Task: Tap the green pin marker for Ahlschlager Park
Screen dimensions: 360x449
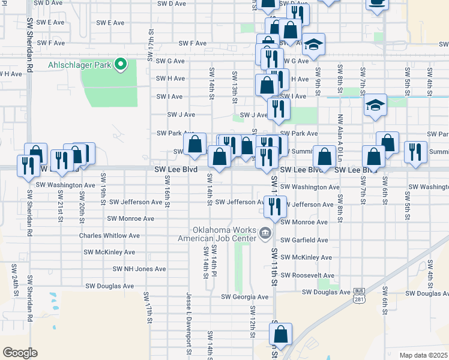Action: point(121,64)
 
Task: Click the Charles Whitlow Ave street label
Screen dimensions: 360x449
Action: point(109,236)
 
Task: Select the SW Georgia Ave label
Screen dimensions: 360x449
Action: point(245,296)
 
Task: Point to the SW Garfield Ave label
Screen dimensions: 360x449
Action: point(305,240)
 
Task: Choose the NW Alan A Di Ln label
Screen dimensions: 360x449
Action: point(340,133)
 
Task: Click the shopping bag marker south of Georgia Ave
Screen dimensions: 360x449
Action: point(280,333)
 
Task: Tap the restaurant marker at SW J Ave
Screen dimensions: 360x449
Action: point(279,108)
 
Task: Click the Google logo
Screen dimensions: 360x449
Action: point(20,353)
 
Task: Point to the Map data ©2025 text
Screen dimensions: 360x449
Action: point(423,355)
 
